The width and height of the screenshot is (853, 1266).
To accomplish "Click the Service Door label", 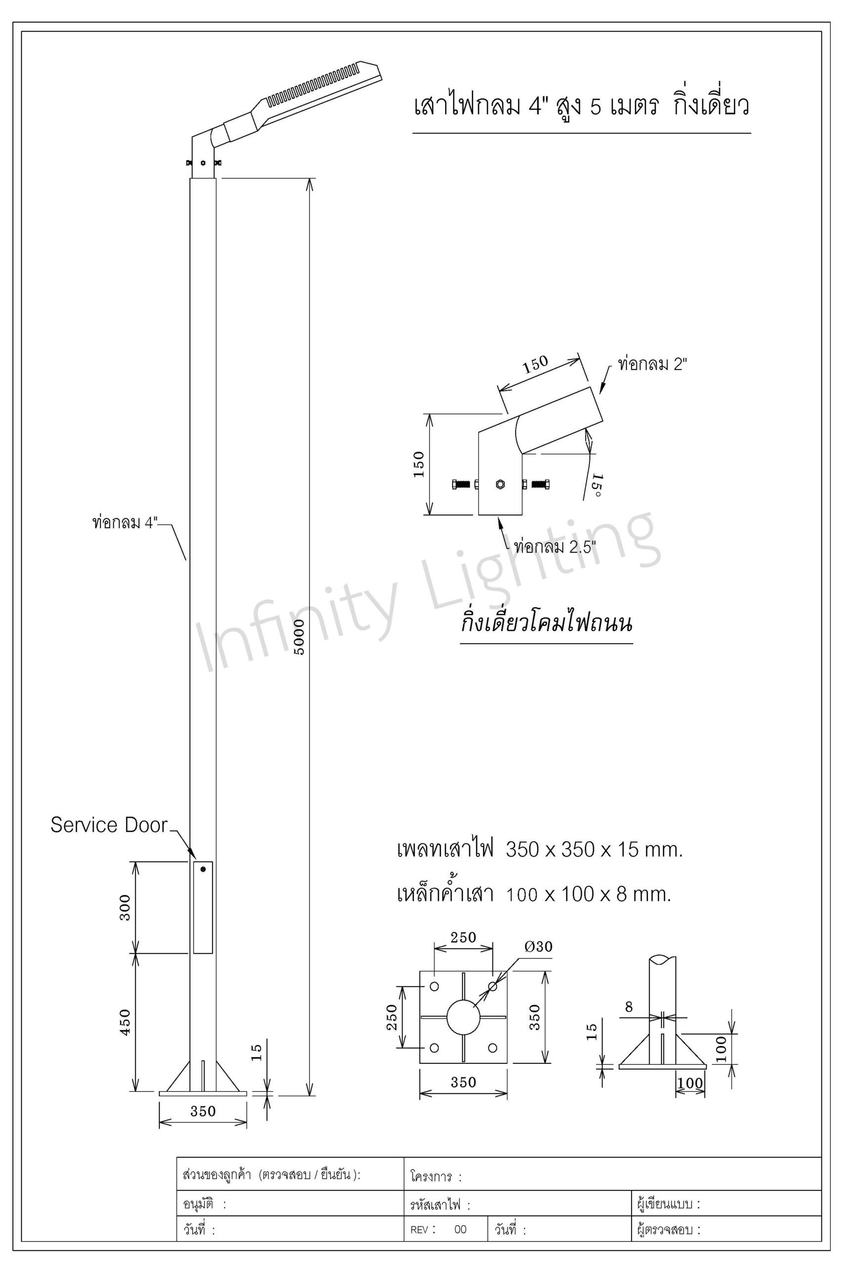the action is point(109,825).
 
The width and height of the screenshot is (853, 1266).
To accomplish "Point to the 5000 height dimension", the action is point(299,637).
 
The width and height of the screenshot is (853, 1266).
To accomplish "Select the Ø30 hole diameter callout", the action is point(538,947).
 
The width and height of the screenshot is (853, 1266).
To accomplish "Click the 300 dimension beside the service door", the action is point(125,907).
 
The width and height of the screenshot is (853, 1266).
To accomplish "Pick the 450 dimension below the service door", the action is point(125,1022).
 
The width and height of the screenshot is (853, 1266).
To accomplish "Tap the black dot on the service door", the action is point(203,869).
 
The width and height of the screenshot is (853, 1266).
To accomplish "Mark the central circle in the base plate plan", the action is point(463,1017).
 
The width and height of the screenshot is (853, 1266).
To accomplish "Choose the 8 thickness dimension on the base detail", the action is point(629,1007).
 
